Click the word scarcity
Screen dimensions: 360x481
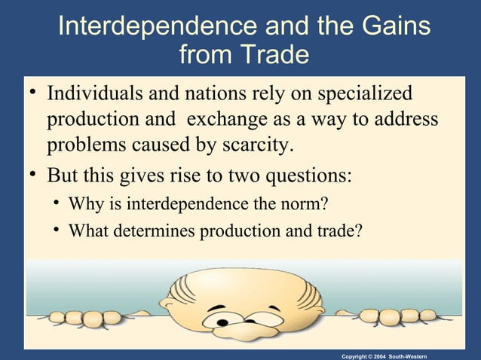[x=252, y=144]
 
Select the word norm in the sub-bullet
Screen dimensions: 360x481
[x=308, y=204]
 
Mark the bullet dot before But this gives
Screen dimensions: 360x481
[x=31, y=178]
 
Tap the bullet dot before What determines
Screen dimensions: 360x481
[x=57, y=231]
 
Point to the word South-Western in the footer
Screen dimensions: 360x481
[x=428, y=354]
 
